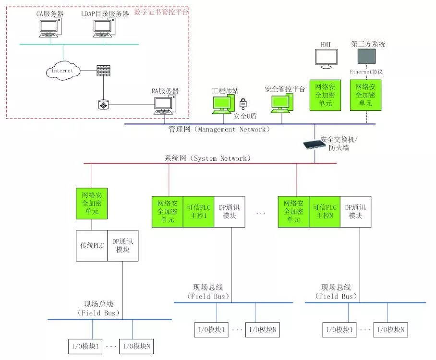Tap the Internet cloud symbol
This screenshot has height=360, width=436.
[x=62, y=71]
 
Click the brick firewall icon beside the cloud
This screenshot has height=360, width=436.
[x=103, y=70]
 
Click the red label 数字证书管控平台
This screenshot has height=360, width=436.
[x=162, y=11]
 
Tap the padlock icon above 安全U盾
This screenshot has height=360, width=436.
[x=243, y=103]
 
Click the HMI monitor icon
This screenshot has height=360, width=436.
[x=326, y=58]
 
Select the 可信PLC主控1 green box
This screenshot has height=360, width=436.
[x=198, y=212]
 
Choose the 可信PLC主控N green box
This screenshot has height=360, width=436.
[x=325, y=212]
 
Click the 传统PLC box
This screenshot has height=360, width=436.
[x=92, y=246]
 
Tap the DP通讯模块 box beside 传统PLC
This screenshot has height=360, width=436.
[x=122, y=246]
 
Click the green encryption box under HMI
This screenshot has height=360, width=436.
[x=325, y=95]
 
